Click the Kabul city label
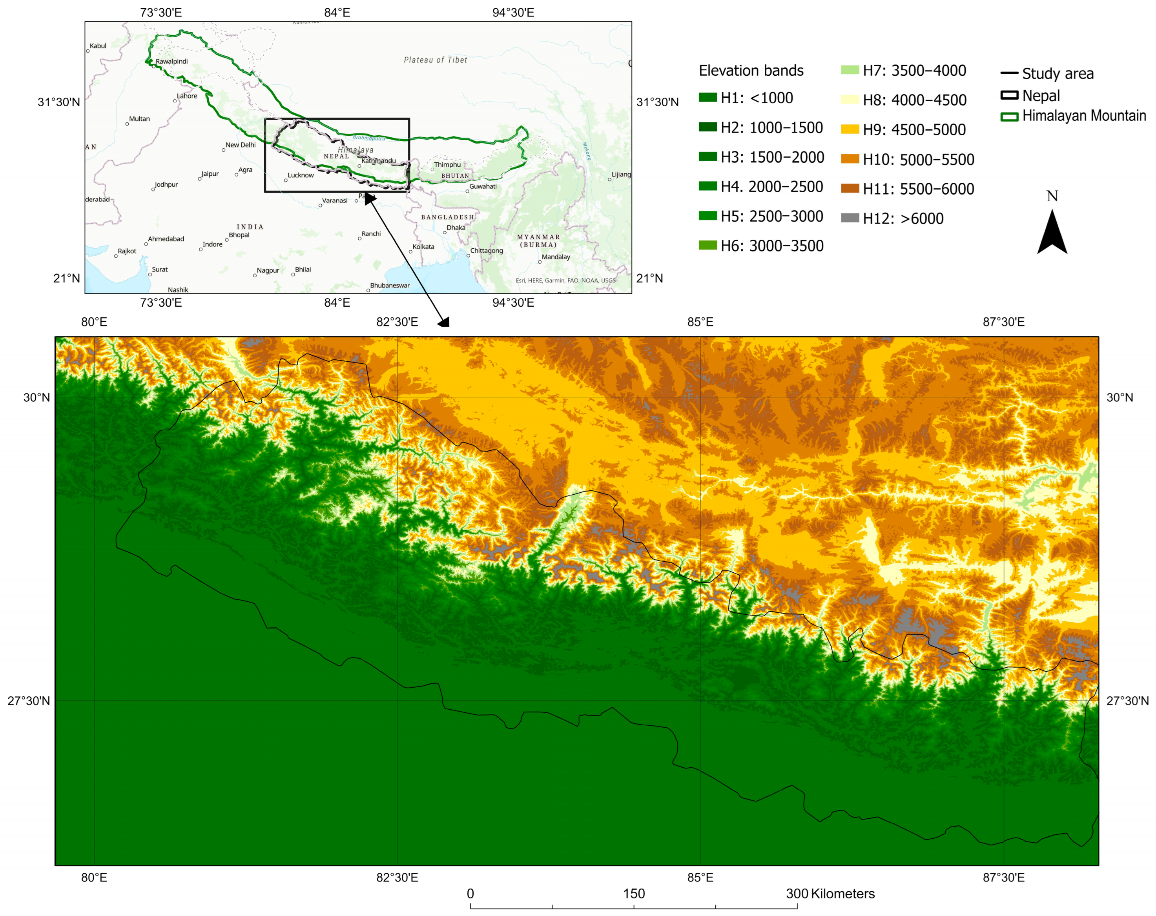(x=98, y=46)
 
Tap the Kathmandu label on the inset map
(x=379, y=161)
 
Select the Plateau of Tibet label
(x=436, y=60)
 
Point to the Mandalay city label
(x=556, y=257)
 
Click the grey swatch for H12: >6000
(x=850, y=218)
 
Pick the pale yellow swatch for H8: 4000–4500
(x=850, y=100)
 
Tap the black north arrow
(x=1052, y=233)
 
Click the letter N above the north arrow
(x=1052, y=197)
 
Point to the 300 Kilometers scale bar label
(x=830, y=894)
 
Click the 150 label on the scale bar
(x=634, y=894)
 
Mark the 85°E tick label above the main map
(x=700, y=322)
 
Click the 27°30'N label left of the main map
(x=28, y=701)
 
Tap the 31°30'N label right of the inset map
(x=657, y=102)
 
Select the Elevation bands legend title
(x=751, y=71)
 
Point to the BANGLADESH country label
(x=447, y=217)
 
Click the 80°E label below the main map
(x=94, y=878)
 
